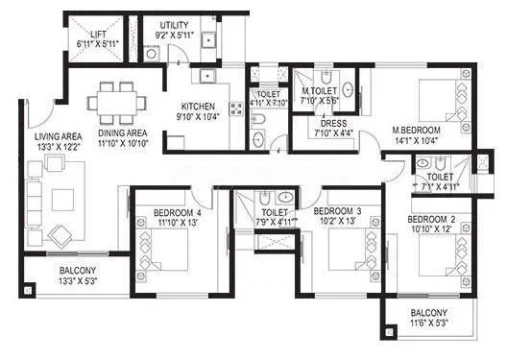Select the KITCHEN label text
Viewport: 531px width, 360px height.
point(200,106)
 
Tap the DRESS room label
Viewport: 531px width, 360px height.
point(332,123)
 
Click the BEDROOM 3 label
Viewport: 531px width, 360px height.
point(337,210)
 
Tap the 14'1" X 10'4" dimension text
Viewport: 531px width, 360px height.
point(414,140)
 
